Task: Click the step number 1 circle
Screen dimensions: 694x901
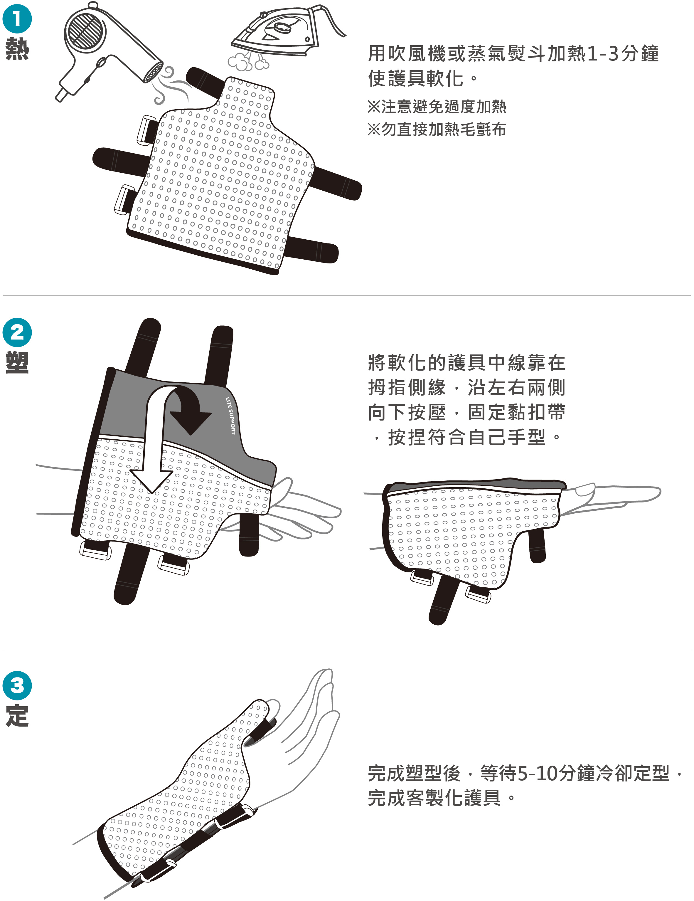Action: pos(17,19)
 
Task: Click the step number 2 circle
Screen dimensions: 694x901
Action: pos(17,332)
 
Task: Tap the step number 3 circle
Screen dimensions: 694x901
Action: pos(17,686)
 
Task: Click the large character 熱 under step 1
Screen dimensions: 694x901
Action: pos(17,49)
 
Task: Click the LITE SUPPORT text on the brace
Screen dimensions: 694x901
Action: pos(230,416)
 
